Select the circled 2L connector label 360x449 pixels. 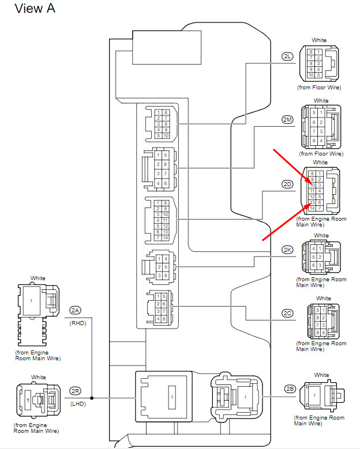(287, 56)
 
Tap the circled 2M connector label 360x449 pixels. (287, 119)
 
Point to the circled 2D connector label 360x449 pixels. (287, 184)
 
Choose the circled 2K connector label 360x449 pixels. (287, 250)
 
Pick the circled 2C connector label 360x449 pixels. (287, 313)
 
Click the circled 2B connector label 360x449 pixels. (290, 388)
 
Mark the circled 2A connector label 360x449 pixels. (76, 310)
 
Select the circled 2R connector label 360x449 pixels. (76, 390)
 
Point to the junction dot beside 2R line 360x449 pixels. (92, 398)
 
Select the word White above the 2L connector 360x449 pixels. (319, 40)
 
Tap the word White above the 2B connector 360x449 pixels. (321, 375)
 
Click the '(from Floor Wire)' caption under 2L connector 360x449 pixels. (319, 88)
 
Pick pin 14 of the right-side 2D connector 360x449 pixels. (312, 208)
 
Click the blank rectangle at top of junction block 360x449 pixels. (167, 48)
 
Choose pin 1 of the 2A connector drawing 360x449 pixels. (31, 302)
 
